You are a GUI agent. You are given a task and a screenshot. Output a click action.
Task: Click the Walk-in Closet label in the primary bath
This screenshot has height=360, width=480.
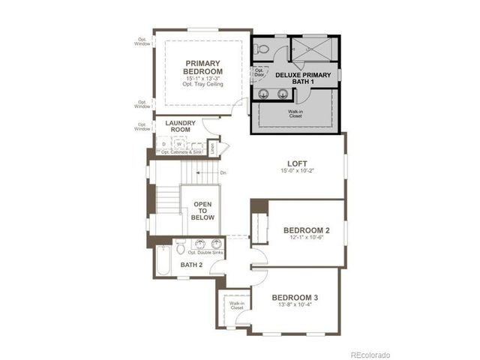click(x=295, y=115)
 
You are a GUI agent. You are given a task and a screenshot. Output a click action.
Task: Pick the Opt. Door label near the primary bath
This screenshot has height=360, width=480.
click(x=259, y=73)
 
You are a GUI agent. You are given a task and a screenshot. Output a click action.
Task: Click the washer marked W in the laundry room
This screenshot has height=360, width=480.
click(x=178, y=143)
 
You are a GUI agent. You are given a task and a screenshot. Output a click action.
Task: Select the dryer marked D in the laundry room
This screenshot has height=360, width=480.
click(x=164, y=143)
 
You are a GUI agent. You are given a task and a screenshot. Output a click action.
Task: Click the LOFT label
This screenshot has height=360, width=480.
click(x=298, y=163)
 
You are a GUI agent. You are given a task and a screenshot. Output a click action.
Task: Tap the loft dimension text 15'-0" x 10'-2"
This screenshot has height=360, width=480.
click(x=298, y=172)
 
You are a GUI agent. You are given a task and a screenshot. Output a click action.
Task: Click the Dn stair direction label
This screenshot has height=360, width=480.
click(x=223, y=173)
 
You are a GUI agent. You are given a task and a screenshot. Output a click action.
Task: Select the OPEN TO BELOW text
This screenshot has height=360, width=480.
click(x=203, y=211)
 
